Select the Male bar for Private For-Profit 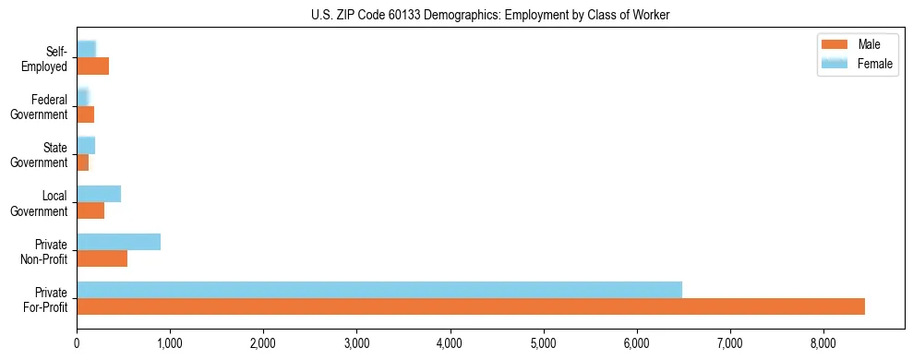click(471, 306)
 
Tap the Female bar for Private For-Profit click(379, 289)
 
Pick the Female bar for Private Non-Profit click(118, 242)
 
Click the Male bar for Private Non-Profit click(102, 258)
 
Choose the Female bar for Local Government click(99, 194)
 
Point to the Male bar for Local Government click(90, 210)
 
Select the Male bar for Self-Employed click(92, 66)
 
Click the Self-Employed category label click(47, 59)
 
